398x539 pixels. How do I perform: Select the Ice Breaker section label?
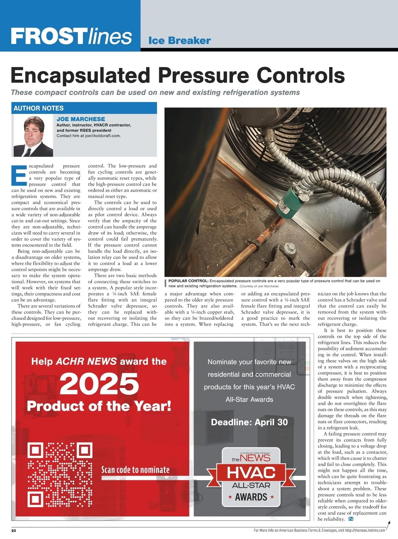pos(179,41)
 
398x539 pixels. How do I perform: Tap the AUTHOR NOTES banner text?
pos(38,108)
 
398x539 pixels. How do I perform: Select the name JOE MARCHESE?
pos(81,119)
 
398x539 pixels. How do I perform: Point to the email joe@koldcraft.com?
pos(102,136)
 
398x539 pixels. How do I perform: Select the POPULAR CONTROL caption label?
pos(188,281)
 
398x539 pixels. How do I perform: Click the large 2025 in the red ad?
pos(99,383)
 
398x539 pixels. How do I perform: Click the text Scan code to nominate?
pos(135,470)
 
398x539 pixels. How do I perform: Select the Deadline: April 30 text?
pos(249,422)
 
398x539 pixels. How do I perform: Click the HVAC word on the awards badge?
pos(251,472)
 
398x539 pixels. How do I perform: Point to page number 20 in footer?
pos(14,530)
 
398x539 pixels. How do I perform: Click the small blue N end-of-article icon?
pos(351,519)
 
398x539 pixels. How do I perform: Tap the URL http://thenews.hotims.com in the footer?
pos(365,530)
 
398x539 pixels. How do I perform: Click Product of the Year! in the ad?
pos(99,406)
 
